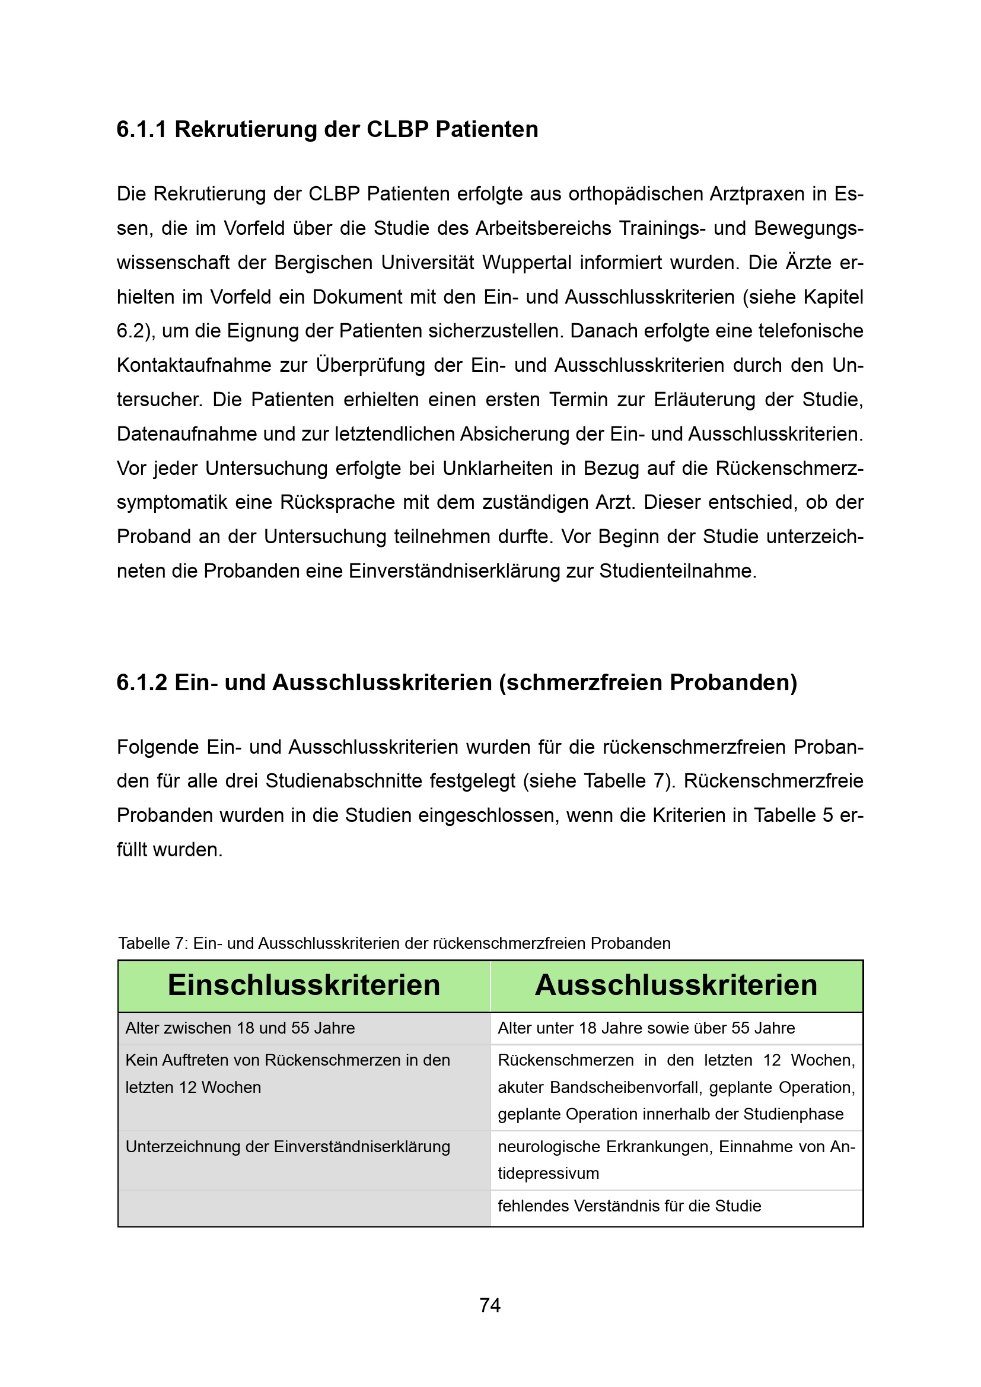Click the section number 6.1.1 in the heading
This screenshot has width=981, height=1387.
tap(141, 130)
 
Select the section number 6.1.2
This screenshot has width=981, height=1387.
tap(141, 683)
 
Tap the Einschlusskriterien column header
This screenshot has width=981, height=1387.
tap(304, 986)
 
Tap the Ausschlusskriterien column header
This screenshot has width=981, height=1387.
tap(676, 986)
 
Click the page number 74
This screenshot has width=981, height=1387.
tap(490, 1305)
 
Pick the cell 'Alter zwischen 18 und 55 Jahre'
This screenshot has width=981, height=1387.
tap(240, 1028)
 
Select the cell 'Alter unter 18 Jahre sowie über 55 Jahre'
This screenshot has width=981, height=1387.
tap(646, 1028)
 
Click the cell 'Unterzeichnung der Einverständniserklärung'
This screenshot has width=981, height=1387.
tap(288, 1147)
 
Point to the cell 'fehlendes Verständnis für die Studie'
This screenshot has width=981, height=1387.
tap(629, 1206)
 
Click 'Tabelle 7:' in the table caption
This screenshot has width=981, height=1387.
tap(154, 943)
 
